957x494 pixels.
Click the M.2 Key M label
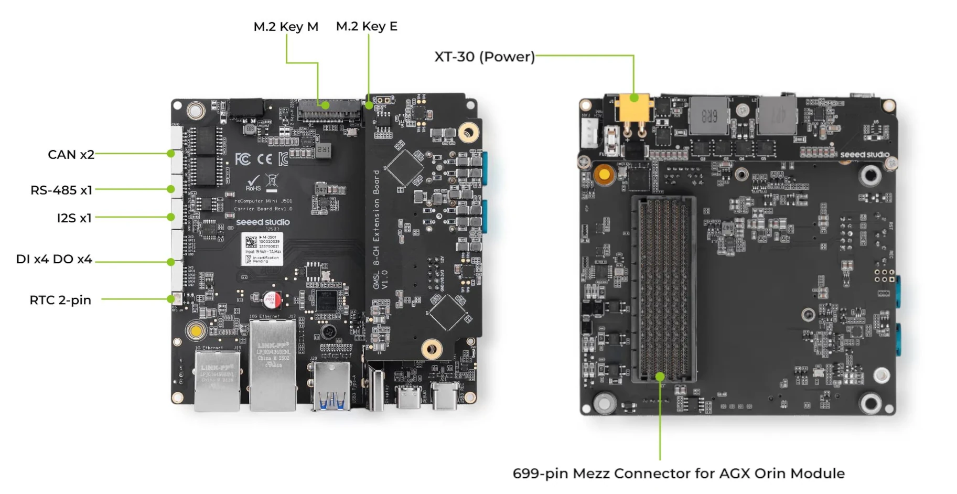click(x=286, y=26)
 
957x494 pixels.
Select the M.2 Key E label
click(x=367, y=26)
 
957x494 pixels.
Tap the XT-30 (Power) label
click(x=484, y=57)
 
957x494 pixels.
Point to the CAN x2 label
click(x=71, y=155)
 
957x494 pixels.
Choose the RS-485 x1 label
click(x=61, y=190)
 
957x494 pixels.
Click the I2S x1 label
click(x=74, y=218)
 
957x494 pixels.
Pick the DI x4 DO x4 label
click(x=54, y=259)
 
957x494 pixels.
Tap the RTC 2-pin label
click(x=60, y=300)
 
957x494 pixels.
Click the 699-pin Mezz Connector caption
click(x=678, y=473)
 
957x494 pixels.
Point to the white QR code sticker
click(x=262, y=249)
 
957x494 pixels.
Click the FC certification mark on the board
click(x=242, y=158)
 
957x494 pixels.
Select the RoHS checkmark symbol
click(x=253, y=182)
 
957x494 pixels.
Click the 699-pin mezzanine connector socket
click(x=664, y=288)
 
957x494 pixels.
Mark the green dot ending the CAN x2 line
click(x=171, y=154)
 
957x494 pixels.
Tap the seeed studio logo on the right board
click(x=864, y=154)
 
